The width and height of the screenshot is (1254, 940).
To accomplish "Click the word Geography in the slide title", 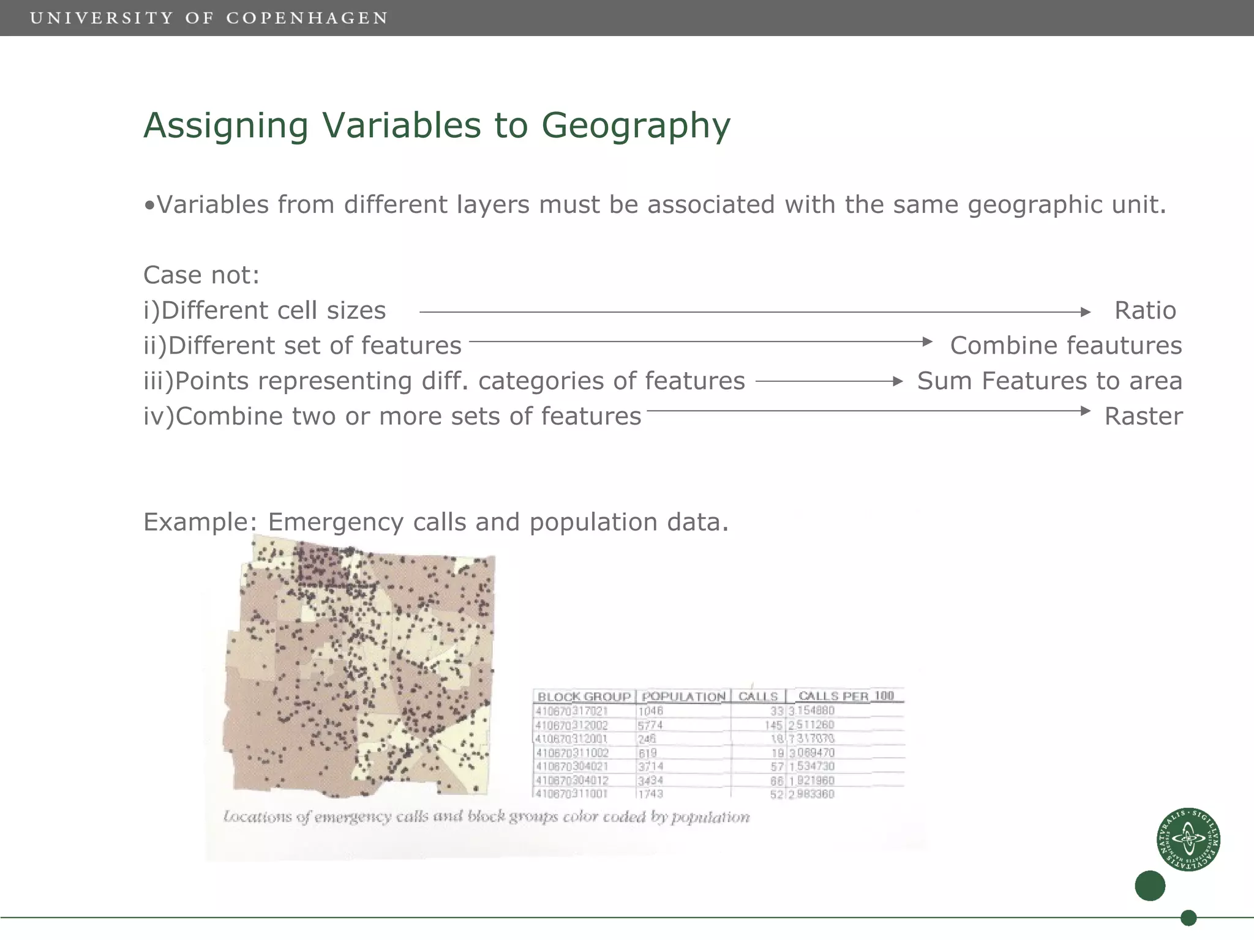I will [x=635, y=127].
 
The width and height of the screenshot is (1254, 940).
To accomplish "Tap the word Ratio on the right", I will [x=1144, y=311].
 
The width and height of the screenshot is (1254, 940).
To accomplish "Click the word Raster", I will [x=1143, y=417].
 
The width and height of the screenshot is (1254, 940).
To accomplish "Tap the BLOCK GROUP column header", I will [x=584, y=696].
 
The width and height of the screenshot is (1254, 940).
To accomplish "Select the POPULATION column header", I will [x=683, y=696].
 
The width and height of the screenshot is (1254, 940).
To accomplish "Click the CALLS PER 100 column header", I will [x=846, y=696].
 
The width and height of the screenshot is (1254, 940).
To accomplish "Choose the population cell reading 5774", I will [x=650, y=725].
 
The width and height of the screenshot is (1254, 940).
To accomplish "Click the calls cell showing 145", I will [x=773, y=725].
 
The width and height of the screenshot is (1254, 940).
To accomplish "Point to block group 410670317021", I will [x=571, y=711].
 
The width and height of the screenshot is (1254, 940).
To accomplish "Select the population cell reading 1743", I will [x=650, y=794].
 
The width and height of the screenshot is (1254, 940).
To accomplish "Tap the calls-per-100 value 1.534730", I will [x=811, y=767].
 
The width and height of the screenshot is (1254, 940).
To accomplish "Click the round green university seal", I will [x=1188, y=839].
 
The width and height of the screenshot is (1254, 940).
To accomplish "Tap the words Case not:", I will [x=201, y=275].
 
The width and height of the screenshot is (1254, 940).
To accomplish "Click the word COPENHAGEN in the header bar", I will [x=307, y=18].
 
